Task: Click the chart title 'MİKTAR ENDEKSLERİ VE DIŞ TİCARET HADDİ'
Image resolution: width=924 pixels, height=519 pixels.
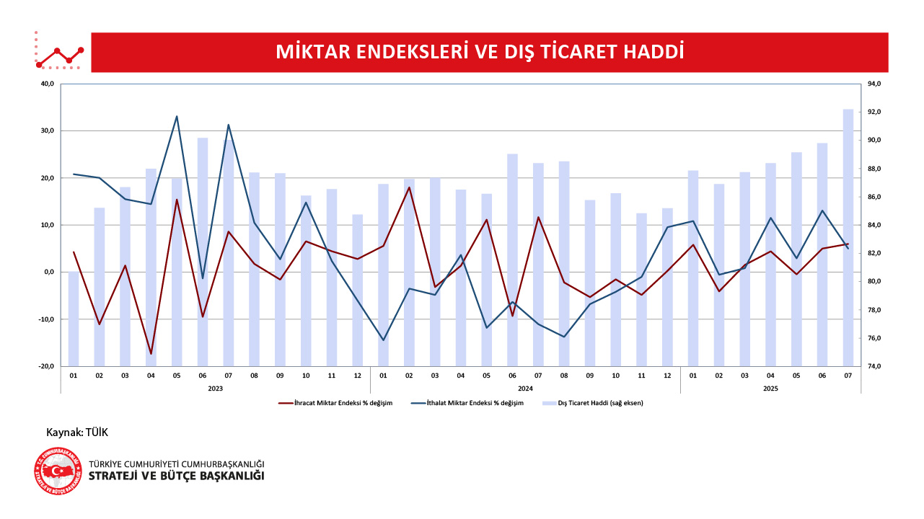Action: [480, 53]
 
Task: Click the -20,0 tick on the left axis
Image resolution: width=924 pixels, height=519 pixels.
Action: [45, 366]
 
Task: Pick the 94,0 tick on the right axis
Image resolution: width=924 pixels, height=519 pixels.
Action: [875, 84]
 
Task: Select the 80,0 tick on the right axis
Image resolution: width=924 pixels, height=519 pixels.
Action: [875, 282]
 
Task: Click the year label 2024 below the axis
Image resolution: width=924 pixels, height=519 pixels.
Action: [525, 388]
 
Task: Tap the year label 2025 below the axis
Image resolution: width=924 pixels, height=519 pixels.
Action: [770, 388]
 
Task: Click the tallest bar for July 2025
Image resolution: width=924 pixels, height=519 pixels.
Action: [848, 238]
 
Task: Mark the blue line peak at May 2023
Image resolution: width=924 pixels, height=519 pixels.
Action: [177, 116]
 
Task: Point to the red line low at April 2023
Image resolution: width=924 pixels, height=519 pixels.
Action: [151, 354]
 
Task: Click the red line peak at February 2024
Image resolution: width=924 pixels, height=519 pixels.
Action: [409, 187]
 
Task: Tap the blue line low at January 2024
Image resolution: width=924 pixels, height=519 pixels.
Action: [383, 340]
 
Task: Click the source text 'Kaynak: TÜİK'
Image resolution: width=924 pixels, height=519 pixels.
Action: [77, 432]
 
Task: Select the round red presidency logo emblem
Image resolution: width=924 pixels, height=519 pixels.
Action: [57, 471]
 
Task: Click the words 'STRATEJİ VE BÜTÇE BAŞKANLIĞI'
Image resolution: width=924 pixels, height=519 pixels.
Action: [176, 476]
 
